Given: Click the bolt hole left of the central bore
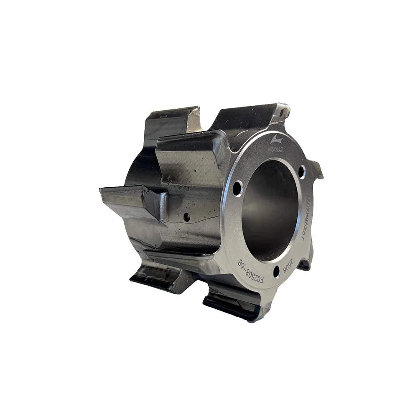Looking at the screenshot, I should coord(237,188).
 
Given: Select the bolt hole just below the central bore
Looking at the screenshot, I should coord(276,272).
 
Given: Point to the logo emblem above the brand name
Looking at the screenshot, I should coord(275,140).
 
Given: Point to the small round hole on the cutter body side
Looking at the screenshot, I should coord(186,217).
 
